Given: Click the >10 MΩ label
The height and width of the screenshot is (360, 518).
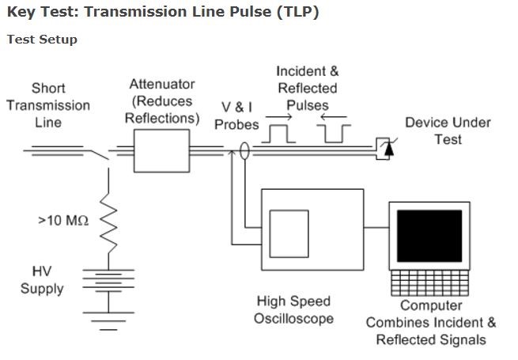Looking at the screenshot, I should pos(62,221).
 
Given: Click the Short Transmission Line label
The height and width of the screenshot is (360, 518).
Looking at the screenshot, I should pos(48,105).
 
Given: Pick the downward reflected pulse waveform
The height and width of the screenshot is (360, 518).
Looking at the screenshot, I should pos(335,134).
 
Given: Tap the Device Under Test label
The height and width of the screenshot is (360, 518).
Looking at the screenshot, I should pos(448,131).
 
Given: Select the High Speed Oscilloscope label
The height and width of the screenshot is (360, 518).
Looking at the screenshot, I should pos(293,309).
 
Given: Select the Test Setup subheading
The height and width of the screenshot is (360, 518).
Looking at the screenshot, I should pos(42,40).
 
